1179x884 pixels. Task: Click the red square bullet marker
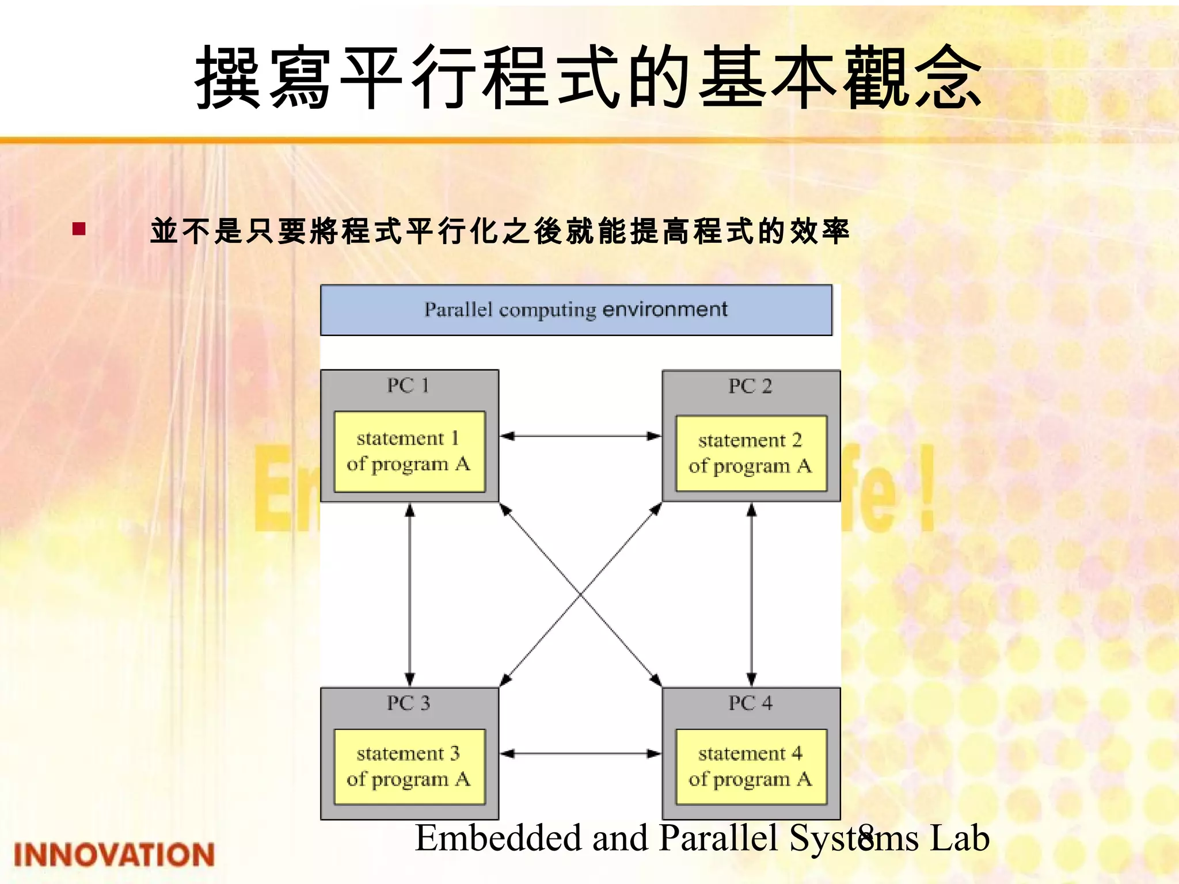point(79,230)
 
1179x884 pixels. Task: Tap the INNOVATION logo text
point(114,854)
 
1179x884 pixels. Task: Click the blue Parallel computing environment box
point(576,310)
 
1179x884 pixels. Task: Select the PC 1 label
point(408,386)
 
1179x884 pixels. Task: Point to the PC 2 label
point(750,386)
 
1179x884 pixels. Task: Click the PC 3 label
point(408,703)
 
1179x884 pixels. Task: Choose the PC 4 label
point(750,703)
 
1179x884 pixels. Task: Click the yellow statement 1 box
point(409,451)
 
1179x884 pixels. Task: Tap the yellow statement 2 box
point(751,454)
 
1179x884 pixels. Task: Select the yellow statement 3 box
point(409,767)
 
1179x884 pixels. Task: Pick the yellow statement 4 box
point(751,767)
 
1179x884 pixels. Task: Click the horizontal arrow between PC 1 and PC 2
point(580,436)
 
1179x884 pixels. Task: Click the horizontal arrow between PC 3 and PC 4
point(580,753)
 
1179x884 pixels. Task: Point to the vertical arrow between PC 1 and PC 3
point(410,595)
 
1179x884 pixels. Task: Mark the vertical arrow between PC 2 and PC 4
point(751,595)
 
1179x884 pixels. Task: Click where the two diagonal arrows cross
point(581,595)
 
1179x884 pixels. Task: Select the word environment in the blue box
point(665,310)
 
